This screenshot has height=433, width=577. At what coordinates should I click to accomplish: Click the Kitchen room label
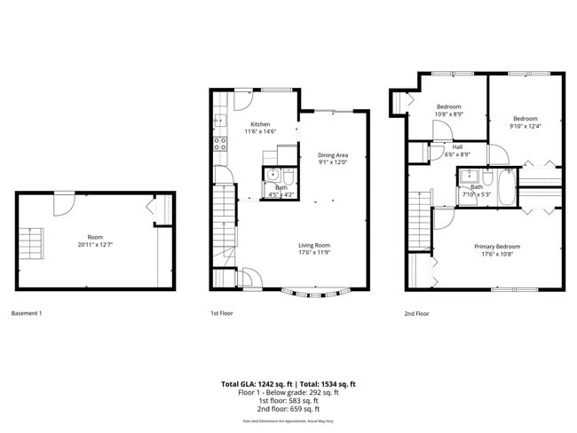pos(260,124)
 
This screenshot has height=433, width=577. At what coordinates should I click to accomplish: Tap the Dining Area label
pos(333,155)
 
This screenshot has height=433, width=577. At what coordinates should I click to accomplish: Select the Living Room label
pos(313,245)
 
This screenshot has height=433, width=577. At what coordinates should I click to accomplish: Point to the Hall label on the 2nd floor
pos(456,147)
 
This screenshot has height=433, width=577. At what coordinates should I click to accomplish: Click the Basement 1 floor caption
pos(26,313)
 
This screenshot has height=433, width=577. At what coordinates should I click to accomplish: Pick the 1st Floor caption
pos(221,313)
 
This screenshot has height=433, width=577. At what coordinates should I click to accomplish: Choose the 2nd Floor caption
pos(416,313)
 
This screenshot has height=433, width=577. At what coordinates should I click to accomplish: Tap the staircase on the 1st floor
pos(223,222)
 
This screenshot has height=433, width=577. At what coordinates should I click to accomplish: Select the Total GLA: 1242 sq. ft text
pos(254,384)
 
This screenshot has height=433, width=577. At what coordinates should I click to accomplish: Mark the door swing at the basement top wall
pos(63,203)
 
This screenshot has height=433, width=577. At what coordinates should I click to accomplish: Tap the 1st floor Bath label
pos(281,186)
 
